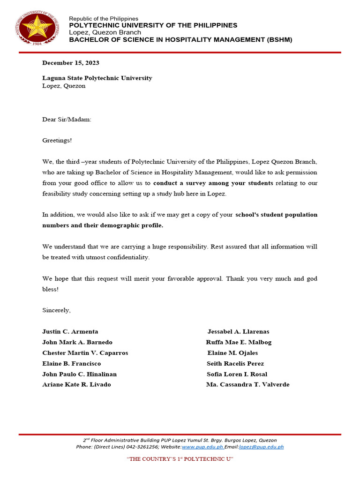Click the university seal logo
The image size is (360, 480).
[x=39, y=27]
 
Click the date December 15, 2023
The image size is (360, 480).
[x=70, y=63]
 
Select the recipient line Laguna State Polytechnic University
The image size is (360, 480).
[x=97, y=78]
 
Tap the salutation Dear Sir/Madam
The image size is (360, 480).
[x=67, y=120]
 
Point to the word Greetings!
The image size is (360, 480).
[x=57, y=140]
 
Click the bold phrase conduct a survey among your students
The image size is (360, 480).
[x=213, y=183]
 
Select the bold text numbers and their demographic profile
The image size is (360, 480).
[x=103, y=225]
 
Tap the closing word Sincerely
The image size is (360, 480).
[x=56, y=310]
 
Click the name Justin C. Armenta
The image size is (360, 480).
[x=70, y=332]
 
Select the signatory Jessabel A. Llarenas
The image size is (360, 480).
[x=238, y=332]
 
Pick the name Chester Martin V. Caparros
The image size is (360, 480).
[x=85, y=353]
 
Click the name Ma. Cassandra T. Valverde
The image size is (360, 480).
[x=247, y=385]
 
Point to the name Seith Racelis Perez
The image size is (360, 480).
[x=235, y=364]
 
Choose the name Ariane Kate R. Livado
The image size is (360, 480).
[x=76, y=385]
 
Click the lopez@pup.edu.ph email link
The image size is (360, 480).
[x=261, y=447]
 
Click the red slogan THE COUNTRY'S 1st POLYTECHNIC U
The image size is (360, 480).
[x=180, y=459]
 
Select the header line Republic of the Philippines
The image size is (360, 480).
[x=104, y=18]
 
